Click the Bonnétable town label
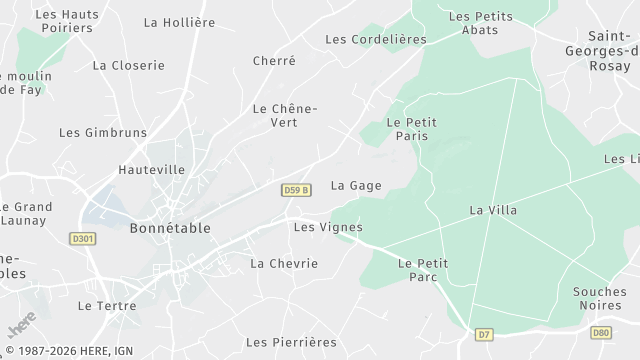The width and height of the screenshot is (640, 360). [x=170, y=228]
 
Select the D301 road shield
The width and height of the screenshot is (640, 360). [x=83, y=239]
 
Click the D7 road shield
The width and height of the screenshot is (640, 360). [x=484, y=333]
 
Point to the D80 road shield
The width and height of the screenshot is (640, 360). [x=600, y=332]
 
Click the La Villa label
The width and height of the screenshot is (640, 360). [x=493, y=210]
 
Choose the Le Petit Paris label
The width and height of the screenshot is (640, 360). [x=411, y=129]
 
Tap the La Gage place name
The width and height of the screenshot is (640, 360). [x=356, y=185]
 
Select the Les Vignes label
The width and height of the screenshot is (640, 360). [x=320, y=227]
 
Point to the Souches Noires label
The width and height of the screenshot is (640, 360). [x=600, y=299]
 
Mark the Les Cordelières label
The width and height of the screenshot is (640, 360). [x=376, y=39]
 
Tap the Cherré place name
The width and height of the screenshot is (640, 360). [x=274, y=61]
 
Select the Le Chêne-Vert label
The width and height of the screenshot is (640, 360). [x=284, y=115]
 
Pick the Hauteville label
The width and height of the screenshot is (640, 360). [x=151, y=170]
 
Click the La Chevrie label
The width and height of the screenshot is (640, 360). [x=284, y=263]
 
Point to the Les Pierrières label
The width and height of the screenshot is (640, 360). [x=291, y=342]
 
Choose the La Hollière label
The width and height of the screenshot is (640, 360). [x=179, y=22]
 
